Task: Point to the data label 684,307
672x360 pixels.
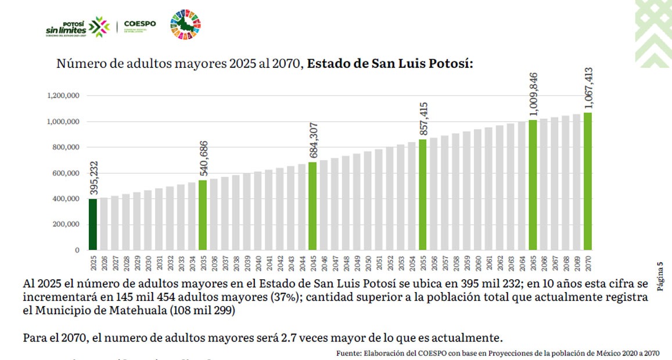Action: coord(313,141)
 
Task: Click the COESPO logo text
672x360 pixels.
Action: coord(140,24)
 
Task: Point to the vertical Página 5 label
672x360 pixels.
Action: coord(660,276)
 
